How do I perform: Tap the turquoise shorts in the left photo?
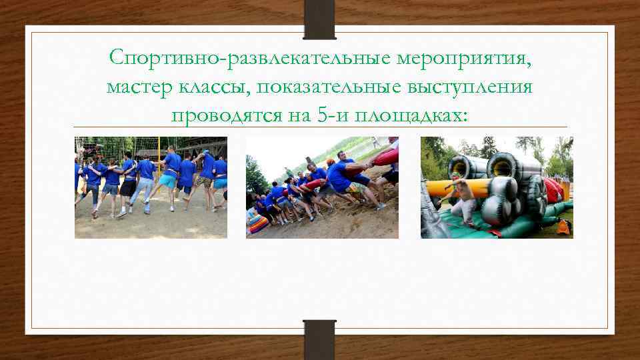tap(168, 181)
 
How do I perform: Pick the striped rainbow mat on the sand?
tap(257, 224)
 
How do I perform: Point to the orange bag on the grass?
tap(563, 227)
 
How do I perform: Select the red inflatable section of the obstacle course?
tap(553, 190)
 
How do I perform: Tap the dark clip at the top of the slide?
tap(319, 19)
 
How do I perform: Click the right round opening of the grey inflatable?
tap(501, 166)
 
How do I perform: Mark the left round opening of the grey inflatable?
tap(461, 167)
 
